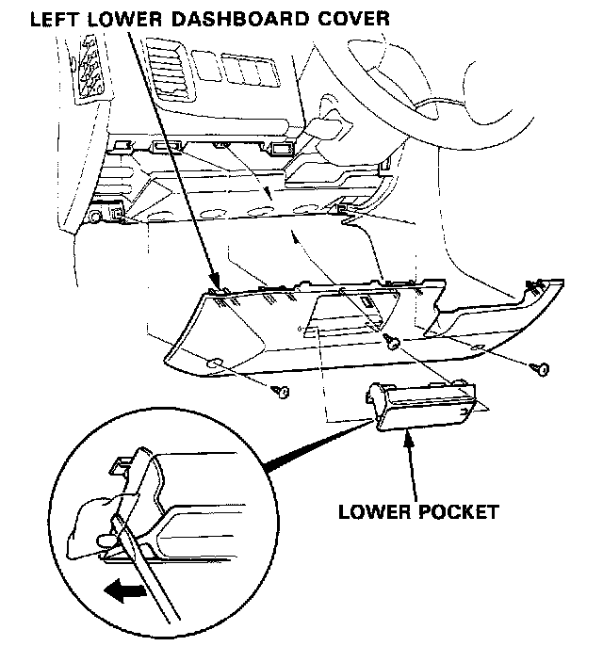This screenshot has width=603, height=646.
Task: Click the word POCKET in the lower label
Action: [x=459, y=513]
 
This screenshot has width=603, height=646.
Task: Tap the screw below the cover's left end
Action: [x=279, y=391]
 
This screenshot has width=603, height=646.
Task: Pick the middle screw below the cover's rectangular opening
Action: [x=390, y=339]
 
